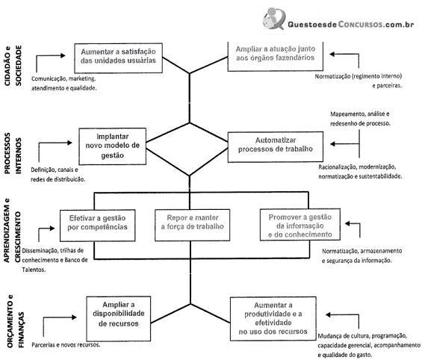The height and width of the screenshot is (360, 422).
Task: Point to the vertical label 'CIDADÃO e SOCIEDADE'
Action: [13, 66]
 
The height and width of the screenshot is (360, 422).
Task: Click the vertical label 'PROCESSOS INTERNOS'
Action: [13, 153]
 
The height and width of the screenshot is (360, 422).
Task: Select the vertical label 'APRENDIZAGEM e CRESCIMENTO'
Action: [12, 231]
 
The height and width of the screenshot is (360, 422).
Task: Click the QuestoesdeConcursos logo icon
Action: [274, 18]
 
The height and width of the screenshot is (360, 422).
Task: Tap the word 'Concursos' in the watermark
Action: [360, 25]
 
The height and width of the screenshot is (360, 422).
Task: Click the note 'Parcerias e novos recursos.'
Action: [66, 344]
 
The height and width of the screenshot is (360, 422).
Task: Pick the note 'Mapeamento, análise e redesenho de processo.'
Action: [360, 119]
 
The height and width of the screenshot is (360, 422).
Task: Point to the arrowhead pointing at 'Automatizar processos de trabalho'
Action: [332, 144]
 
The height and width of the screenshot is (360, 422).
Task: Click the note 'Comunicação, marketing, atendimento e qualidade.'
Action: [63, 84]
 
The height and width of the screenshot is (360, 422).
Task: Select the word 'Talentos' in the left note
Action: [34, 270]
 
